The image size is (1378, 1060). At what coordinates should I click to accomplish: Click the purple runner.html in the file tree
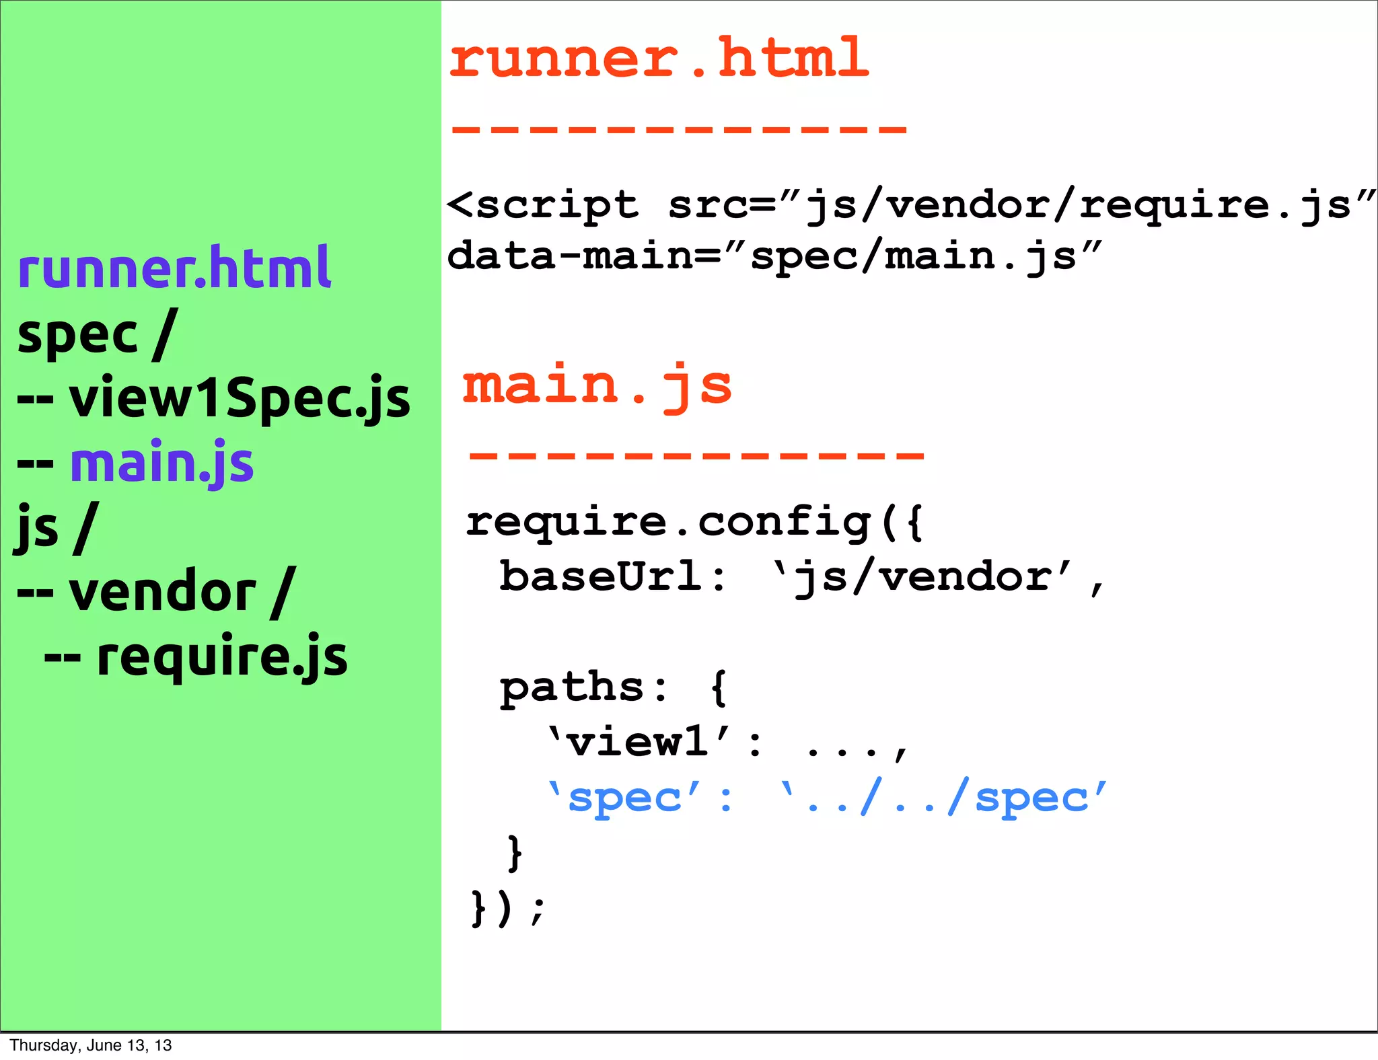tap(174, 268)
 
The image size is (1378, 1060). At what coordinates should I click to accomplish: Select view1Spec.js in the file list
tap(239, 399)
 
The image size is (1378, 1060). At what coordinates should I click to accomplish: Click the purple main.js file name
tap(162, 463)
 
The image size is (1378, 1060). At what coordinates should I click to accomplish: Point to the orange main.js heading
tap(597, 385)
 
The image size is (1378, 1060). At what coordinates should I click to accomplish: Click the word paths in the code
tap(573, 687)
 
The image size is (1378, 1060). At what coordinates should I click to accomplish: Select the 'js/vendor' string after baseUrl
tap(922, 577)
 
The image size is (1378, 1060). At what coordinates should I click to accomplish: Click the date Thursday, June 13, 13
tap(91, 1045)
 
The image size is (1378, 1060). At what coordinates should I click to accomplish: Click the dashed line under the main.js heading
tap(696, 455)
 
